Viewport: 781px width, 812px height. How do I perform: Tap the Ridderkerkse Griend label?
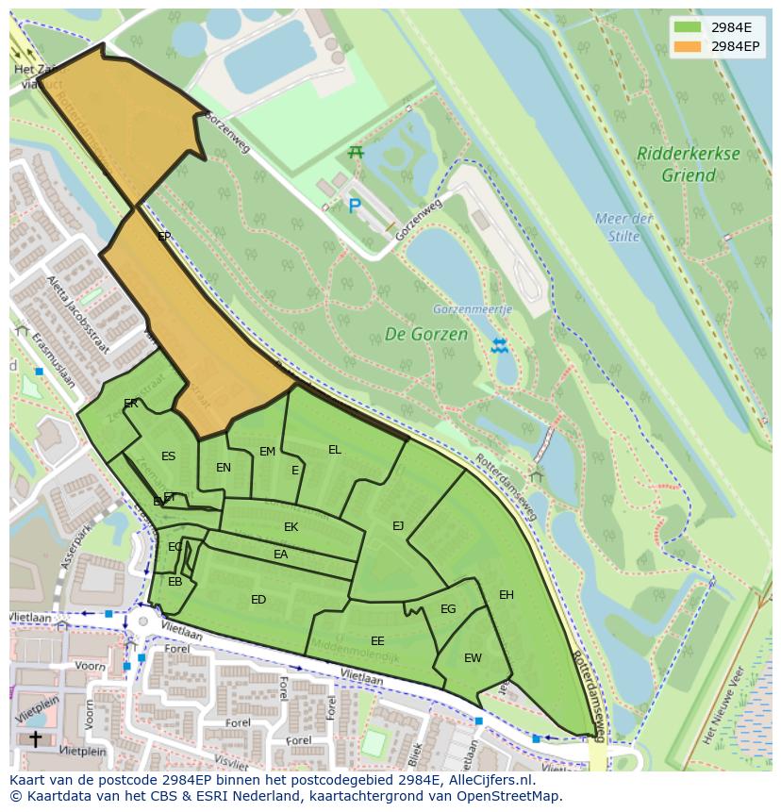click(687, 164)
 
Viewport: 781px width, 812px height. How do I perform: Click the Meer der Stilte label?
click(623, 227)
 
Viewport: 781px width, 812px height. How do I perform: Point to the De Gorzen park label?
click(425, 334)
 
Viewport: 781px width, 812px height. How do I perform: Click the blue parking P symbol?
click(355, 206)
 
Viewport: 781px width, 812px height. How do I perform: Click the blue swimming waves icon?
click(500, 346)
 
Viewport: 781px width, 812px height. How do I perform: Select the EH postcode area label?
click(507, 594)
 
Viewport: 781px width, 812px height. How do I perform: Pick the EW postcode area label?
click(473, 657)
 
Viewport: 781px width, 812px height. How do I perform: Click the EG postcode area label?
click(448, 608)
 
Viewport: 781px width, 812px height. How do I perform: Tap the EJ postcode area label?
click(398, 525)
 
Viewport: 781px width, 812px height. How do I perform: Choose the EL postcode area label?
click(334, 449)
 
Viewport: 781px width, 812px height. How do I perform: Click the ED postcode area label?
click(258, 599)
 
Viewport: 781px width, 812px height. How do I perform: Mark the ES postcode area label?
click(168, 456)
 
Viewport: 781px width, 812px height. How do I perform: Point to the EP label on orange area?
click(164, 236)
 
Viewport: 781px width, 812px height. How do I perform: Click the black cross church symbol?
click(35, 738)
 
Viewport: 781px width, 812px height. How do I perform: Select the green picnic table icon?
click(356, 152)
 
